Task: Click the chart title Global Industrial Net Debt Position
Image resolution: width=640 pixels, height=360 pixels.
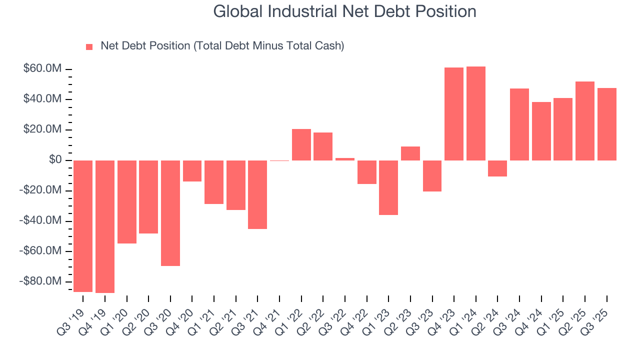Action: pos(344,11)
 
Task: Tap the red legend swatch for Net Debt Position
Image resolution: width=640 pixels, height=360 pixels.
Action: pos(89,46)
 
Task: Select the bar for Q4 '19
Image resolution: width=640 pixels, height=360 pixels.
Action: pos(105,226)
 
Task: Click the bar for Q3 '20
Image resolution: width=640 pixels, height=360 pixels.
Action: pos(170,213)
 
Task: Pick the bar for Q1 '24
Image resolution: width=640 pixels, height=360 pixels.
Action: pos(476,113)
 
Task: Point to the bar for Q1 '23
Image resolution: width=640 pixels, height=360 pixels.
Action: pos(388,187)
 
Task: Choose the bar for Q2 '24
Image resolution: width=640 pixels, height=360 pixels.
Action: pos(497,168)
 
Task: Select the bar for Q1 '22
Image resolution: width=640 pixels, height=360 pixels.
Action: pos(301,144)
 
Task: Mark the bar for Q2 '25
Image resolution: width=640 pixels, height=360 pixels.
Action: pos(585,121)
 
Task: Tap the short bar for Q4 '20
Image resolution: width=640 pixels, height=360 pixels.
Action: pos(192,171)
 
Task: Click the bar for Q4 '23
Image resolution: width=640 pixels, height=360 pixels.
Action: pos(454,114)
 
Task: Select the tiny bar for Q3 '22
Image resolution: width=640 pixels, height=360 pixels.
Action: pos(345,159)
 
